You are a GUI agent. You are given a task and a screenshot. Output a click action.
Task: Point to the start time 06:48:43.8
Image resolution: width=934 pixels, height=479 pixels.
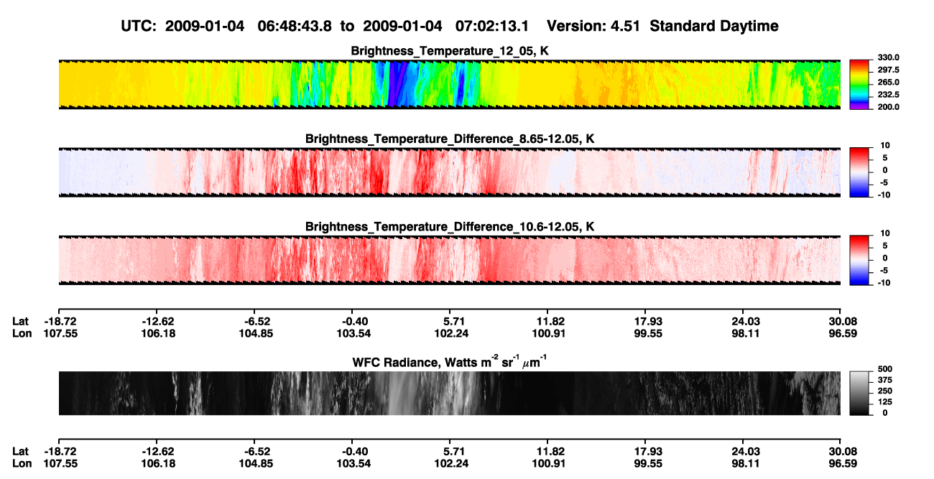(295, 26)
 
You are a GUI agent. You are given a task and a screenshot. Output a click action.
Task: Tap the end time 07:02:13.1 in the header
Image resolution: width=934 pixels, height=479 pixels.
(492, 26)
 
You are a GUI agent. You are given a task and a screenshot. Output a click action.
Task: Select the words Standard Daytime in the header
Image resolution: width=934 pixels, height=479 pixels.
(714, 26)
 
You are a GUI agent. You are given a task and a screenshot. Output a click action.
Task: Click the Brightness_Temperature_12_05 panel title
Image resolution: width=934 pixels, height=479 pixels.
(450, 51)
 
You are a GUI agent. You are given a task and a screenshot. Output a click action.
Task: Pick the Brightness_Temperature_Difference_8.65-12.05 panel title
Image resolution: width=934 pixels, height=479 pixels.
(450, 139)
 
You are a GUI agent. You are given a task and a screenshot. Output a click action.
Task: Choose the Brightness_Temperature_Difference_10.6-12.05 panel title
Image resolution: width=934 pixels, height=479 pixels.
(450, 227)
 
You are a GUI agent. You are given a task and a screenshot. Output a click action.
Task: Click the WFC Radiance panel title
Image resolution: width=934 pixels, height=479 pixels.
(450, 362)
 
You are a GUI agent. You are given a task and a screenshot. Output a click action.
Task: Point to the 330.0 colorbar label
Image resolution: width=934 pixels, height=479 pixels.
(888, 57)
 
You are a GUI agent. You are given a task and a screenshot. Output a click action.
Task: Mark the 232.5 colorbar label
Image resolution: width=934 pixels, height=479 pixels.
(888, 95)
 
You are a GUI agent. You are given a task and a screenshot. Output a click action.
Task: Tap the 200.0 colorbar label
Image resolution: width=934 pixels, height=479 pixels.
(888, 107)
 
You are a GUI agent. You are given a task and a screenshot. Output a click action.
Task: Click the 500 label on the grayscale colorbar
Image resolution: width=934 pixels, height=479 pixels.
(885, 369)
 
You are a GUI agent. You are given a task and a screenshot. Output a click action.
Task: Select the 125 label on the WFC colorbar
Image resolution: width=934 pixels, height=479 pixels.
(885, 402)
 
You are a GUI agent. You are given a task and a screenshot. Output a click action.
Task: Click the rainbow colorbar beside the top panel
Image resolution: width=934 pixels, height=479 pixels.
(859, 85)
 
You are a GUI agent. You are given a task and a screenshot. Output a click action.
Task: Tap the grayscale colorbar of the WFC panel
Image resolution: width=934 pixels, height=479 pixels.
(859, 393)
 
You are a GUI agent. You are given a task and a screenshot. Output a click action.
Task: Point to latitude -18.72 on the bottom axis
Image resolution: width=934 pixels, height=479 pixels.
(60, 452)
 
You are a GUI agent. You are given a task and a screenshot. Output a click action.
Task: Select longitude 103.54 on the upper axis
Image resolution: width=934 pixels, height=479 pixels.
(353, 333)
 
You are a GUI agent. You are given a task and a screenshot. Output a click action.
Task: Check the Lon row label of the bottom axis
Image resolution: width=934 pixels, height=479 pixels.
(22, 464)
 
